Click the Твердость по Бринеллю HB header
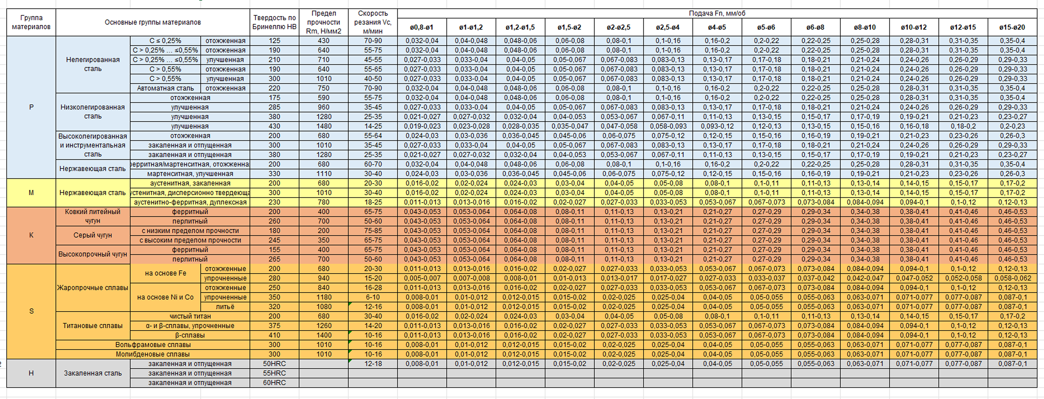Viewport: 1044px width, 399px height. (274, 22)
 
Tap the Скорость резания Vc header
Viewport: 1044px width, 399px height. (372, 22)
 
